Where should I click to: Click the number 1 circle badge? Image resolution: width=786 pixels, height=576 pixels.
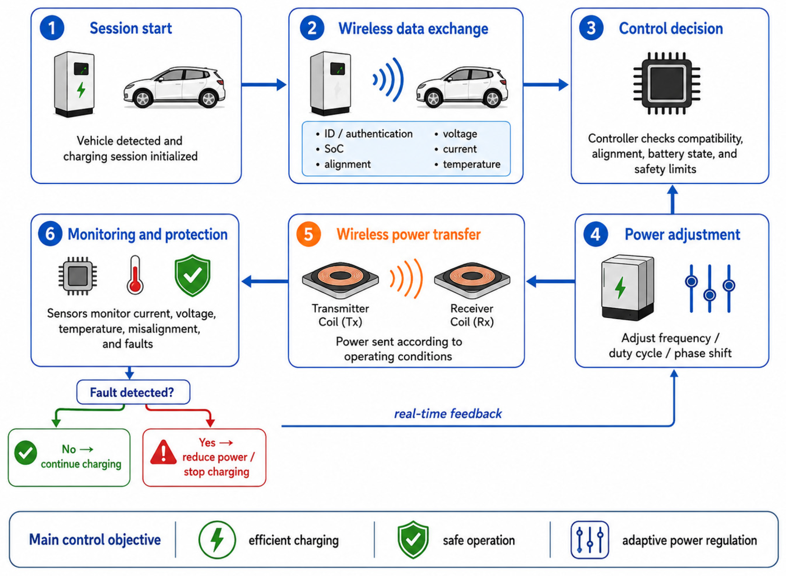pyautogui.click(x=52, y=28)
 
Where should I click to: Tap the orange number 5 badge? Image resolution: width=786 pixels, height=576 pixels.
pyautogui.click(x=308, y=234)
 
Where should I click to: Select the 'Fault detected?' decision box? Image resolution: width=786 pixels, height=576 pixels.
pyautogui.click(x=133, y=392)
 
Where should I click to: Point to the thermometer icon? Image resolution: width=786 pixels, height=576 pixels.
pyautogui.click(x=135, y=275)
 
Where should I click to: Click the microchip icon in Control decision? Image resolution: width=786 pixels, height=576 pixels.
pyautogui.click(x=666, y=83)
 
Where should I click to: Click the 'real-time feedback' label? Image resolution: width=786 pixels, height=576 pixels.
pyautogui.click(x=448, y=414)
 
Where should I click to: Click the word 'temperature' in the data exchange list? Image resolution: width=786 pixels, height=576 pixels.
pyautogui.click(x=471, y=164)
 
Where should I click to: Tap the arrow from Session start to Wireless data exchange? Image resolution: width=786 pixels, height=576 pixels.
pyautogui.click(x=264, y=84)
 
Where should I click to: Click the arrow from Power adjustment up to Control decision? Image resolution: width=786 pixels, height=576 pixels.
pyautogui.click(x=672, y=199)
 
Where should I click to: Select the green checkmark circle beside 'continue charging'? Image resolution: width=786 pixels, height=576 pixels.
pyautogui.click(x=25, y=452)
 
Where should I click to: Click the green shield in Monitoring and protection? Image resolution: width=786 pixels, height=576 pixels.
pyautogui.click(x=192, y=275)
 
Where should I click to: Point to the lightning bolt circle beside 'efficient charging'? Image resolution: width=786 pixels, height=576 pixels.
pyautogui.click(x=217, y=540)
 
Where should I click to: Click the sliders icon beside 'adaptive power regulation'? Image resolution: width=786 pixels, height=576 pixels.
pyautogui.click(x=589, y=540)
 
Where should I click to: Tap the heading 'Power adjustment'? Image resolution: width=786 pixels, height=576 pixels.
pyautogui.click(x=682, y=235)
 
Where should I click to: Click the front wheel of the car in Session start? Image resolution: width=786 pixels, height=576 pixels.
pyautogui.click(x=142, y=99)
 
